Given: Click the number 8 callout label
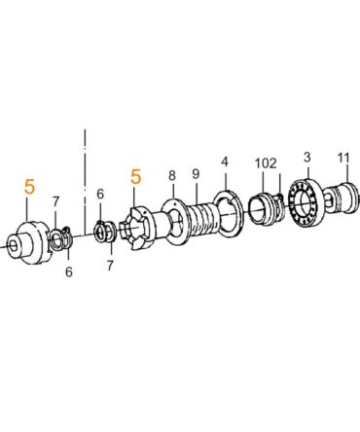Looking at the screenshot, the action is pos(172,175).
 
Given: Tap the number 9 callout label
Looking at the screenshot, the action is pos(196,174).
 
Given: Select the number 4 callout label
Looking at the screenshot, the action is pos(225,162).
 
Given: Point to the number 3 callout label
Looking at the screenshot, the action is pos(306,158).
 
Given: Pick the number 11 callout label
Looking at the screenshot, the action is pos(343,159).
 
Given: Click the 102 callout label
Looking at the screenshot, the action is pos(266,163).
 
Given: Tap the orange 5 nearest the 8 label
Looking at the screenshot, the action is pos(136,177).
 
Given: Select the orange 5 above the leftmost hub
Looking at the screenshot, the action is pos(29,188).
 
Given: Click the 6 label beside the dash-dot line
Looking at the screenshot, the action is pos(100,194).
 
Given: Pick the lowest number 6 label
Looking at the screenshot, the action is pos(69,271).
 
